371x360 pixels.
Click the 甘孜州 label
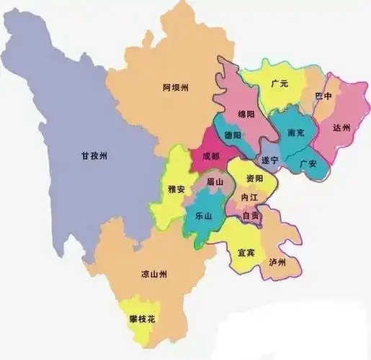(x=94, y=156)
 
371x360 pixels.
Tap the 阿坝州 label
(x=175, y=88)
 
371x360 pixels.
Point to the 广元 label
(x=280, y=84)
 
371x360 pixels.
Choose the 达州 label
(x=341, y=127)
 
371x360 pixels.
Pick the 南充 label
(x=296, y=133)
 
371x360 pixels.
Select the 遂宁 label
(x=270, y=160)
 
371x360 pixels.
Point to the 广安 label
(x=308, y=163)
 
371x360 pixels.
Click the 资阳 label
(x=254, y=178)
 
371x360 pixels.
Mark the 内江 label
(x=249, y=197)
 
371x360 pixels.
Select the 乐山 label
(x=204, y=215)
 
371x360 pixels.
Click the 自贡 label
(x=251, y=215)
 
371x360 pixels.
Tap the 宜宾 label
(x=246, y=253)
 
